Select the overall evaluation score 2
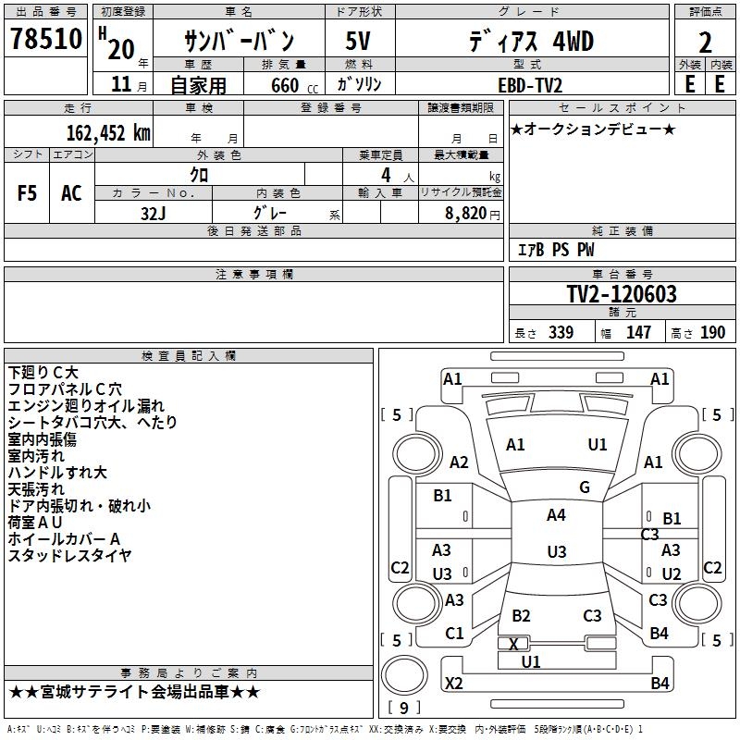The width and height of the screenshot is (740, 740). (705, 43)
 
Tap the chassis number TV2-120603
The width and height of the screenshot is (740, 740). (622, 294)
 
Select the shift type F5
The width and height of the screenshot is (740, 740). (28, 193)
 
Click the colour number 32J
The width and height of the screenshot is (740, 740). (154, 212)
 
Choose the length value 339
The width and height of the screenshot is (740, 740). (559, 333)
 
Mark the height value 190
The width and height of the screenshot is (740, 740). (713, 333)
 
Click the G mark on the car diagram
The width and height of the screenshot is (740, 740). (585, 487)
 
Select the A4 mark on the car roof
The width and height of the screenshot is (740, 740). (556, 515)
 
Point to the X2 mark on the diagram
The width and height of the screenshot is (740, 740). (454, 684)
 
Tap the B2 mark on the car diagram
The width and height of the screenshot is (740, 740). (521, 616)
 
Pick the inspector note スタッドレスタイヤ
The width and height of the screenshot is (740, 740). (70, 556)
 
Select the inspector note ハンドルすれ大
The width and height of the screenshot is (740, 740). (57, 473)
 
